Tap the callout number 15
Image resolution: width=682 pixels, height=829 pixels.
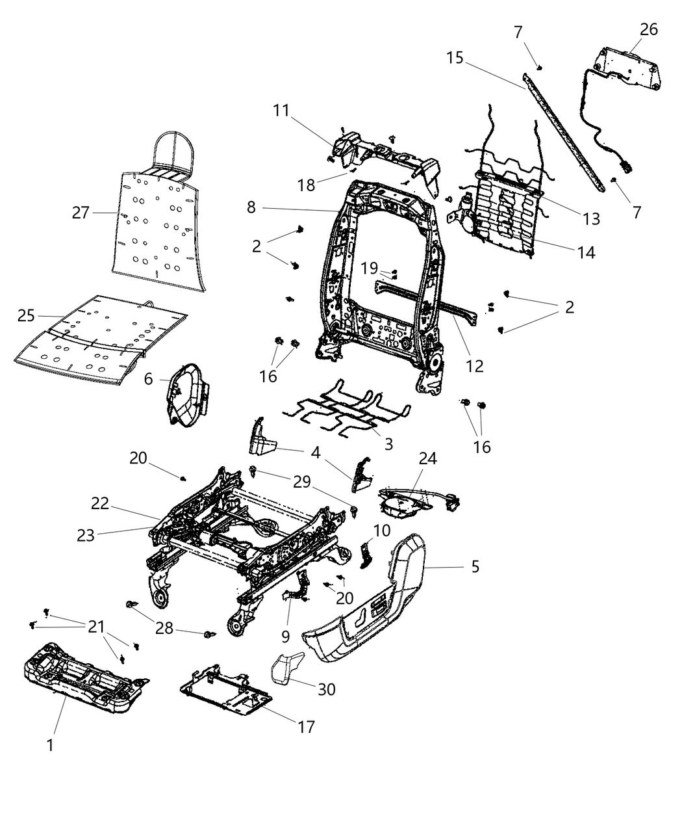coord(455,57)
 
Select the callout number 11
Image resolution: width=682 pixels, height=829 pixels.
coord(281,110)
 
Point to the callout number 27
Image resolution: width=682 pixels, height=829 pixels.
coord(81,213)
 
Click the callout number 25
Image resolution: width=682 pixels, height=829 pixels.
coord(26,316)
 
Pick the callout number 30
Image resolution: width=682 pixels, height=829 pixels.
coord(326,689)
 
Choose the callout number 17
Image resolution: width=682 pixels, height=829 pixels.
coord(305,726)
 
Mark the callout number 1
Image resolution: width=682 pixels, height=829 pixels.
coord(50,746)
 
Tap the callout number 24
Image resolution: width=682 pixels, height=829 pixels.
coord(427,458)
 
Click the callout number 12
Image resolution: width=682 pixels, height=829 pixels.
coord(475,365)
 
